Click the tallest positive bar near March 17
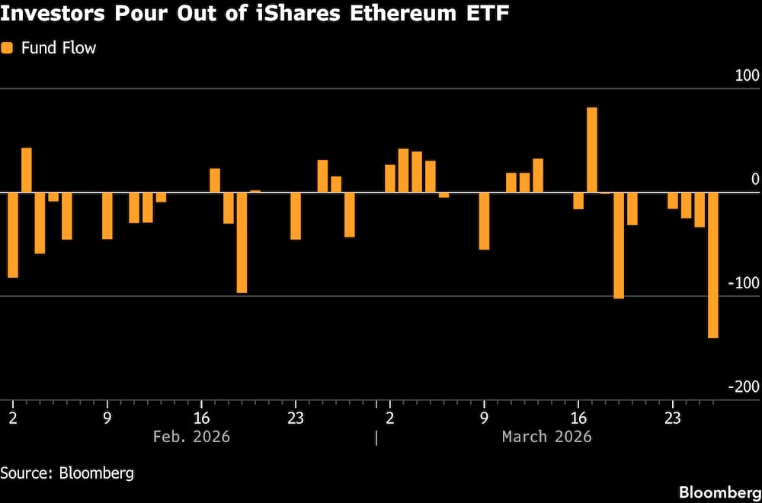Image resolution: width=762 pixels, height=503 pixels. pyautogui.click(x=591, y=150)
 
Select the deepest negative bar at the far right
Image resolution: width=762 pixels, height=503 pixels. pyautogui.click(x=713, y=265)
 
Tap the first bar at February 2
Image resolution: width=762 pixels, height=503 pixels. pyautogui.click(x=13, y=234)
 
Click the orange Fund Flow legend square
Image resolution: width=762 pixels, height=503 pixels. pyautogui.click(x=8, y=48)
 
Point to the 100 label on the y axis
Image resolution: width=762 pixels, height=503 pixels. pyautogui.click(x=747, y=75)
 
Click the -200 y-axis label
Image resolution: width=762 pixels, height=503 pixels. pyautogui.click(x=744, y=387)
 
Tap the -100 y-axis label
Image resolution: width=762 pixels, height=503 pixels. pyautogui.click(x=744, y=283)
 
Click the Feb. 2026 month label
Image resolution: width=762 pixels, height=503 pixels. pyautogui.click(x=191, y=437)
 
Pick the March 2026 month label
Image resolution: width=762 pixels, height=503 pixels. pyautogui.click(x=546, y=437)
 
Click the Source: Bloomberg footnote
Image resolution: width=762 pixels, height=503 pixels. pyautogui.click(x=67, y=473)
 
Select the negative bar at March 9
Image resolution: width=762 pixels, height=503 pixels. pyautogui.click(x=484, y=221)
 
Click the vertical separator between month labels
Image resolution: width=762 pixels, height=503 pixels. pyautogui.click(x=376, y=438)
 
